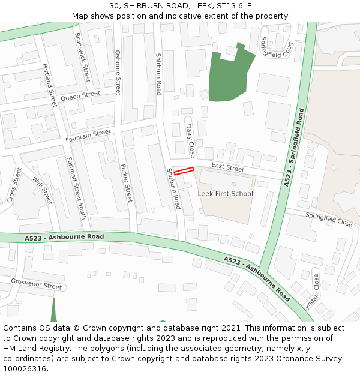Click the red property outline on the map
184,171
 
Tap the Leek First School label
225,194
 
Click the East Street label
227,169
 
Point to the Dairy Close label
190,136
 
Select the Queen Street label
80,96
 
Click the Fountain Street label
88,136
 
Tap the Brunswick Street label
82,57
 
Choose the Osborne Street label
118,73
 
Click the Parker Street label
126,182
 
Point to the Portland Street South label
76,188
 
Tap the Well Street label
43,190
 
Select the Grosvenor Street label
37,284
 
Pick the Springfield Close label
329,219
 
